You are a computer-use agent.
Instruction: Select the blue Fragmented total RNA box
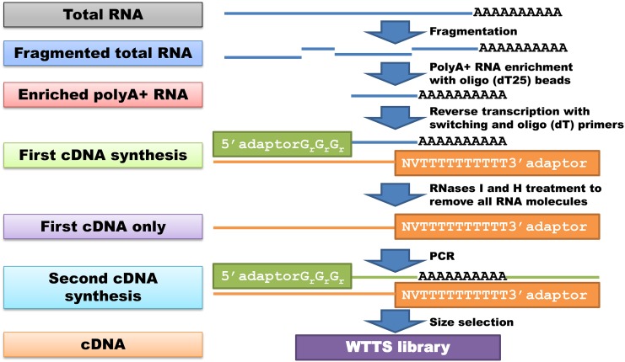tap(102, 54)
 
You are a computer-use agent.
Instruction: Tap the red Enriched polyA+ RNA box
tap(102, 93)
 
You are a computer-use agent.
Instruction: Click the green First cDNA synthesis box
tap(102, 153)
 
